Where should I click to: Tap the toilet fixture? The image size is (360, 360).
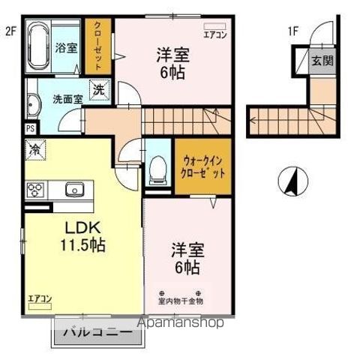click(x=157, y=169)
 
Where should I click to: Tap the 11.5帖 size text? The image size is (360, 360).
click(x=82, y=244)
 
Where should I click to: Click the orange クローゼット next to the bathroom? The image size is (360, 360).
click(x=97, y=46)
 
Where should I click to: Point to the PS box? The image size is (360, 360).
click(x=30, y=127)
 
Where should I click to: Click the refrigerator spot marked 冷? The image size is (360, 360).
click(x=34, y=148)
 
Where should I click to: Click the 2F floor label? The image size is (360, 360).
click(x=10, y=31)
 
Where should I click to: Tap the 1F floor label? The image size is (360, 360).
click(x=292, y=31)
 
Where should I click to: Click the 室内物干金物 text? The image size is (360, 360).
click(x=180, y=301)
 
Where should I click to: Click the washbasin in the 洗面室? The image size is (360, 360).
click(x=33, y=105)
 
